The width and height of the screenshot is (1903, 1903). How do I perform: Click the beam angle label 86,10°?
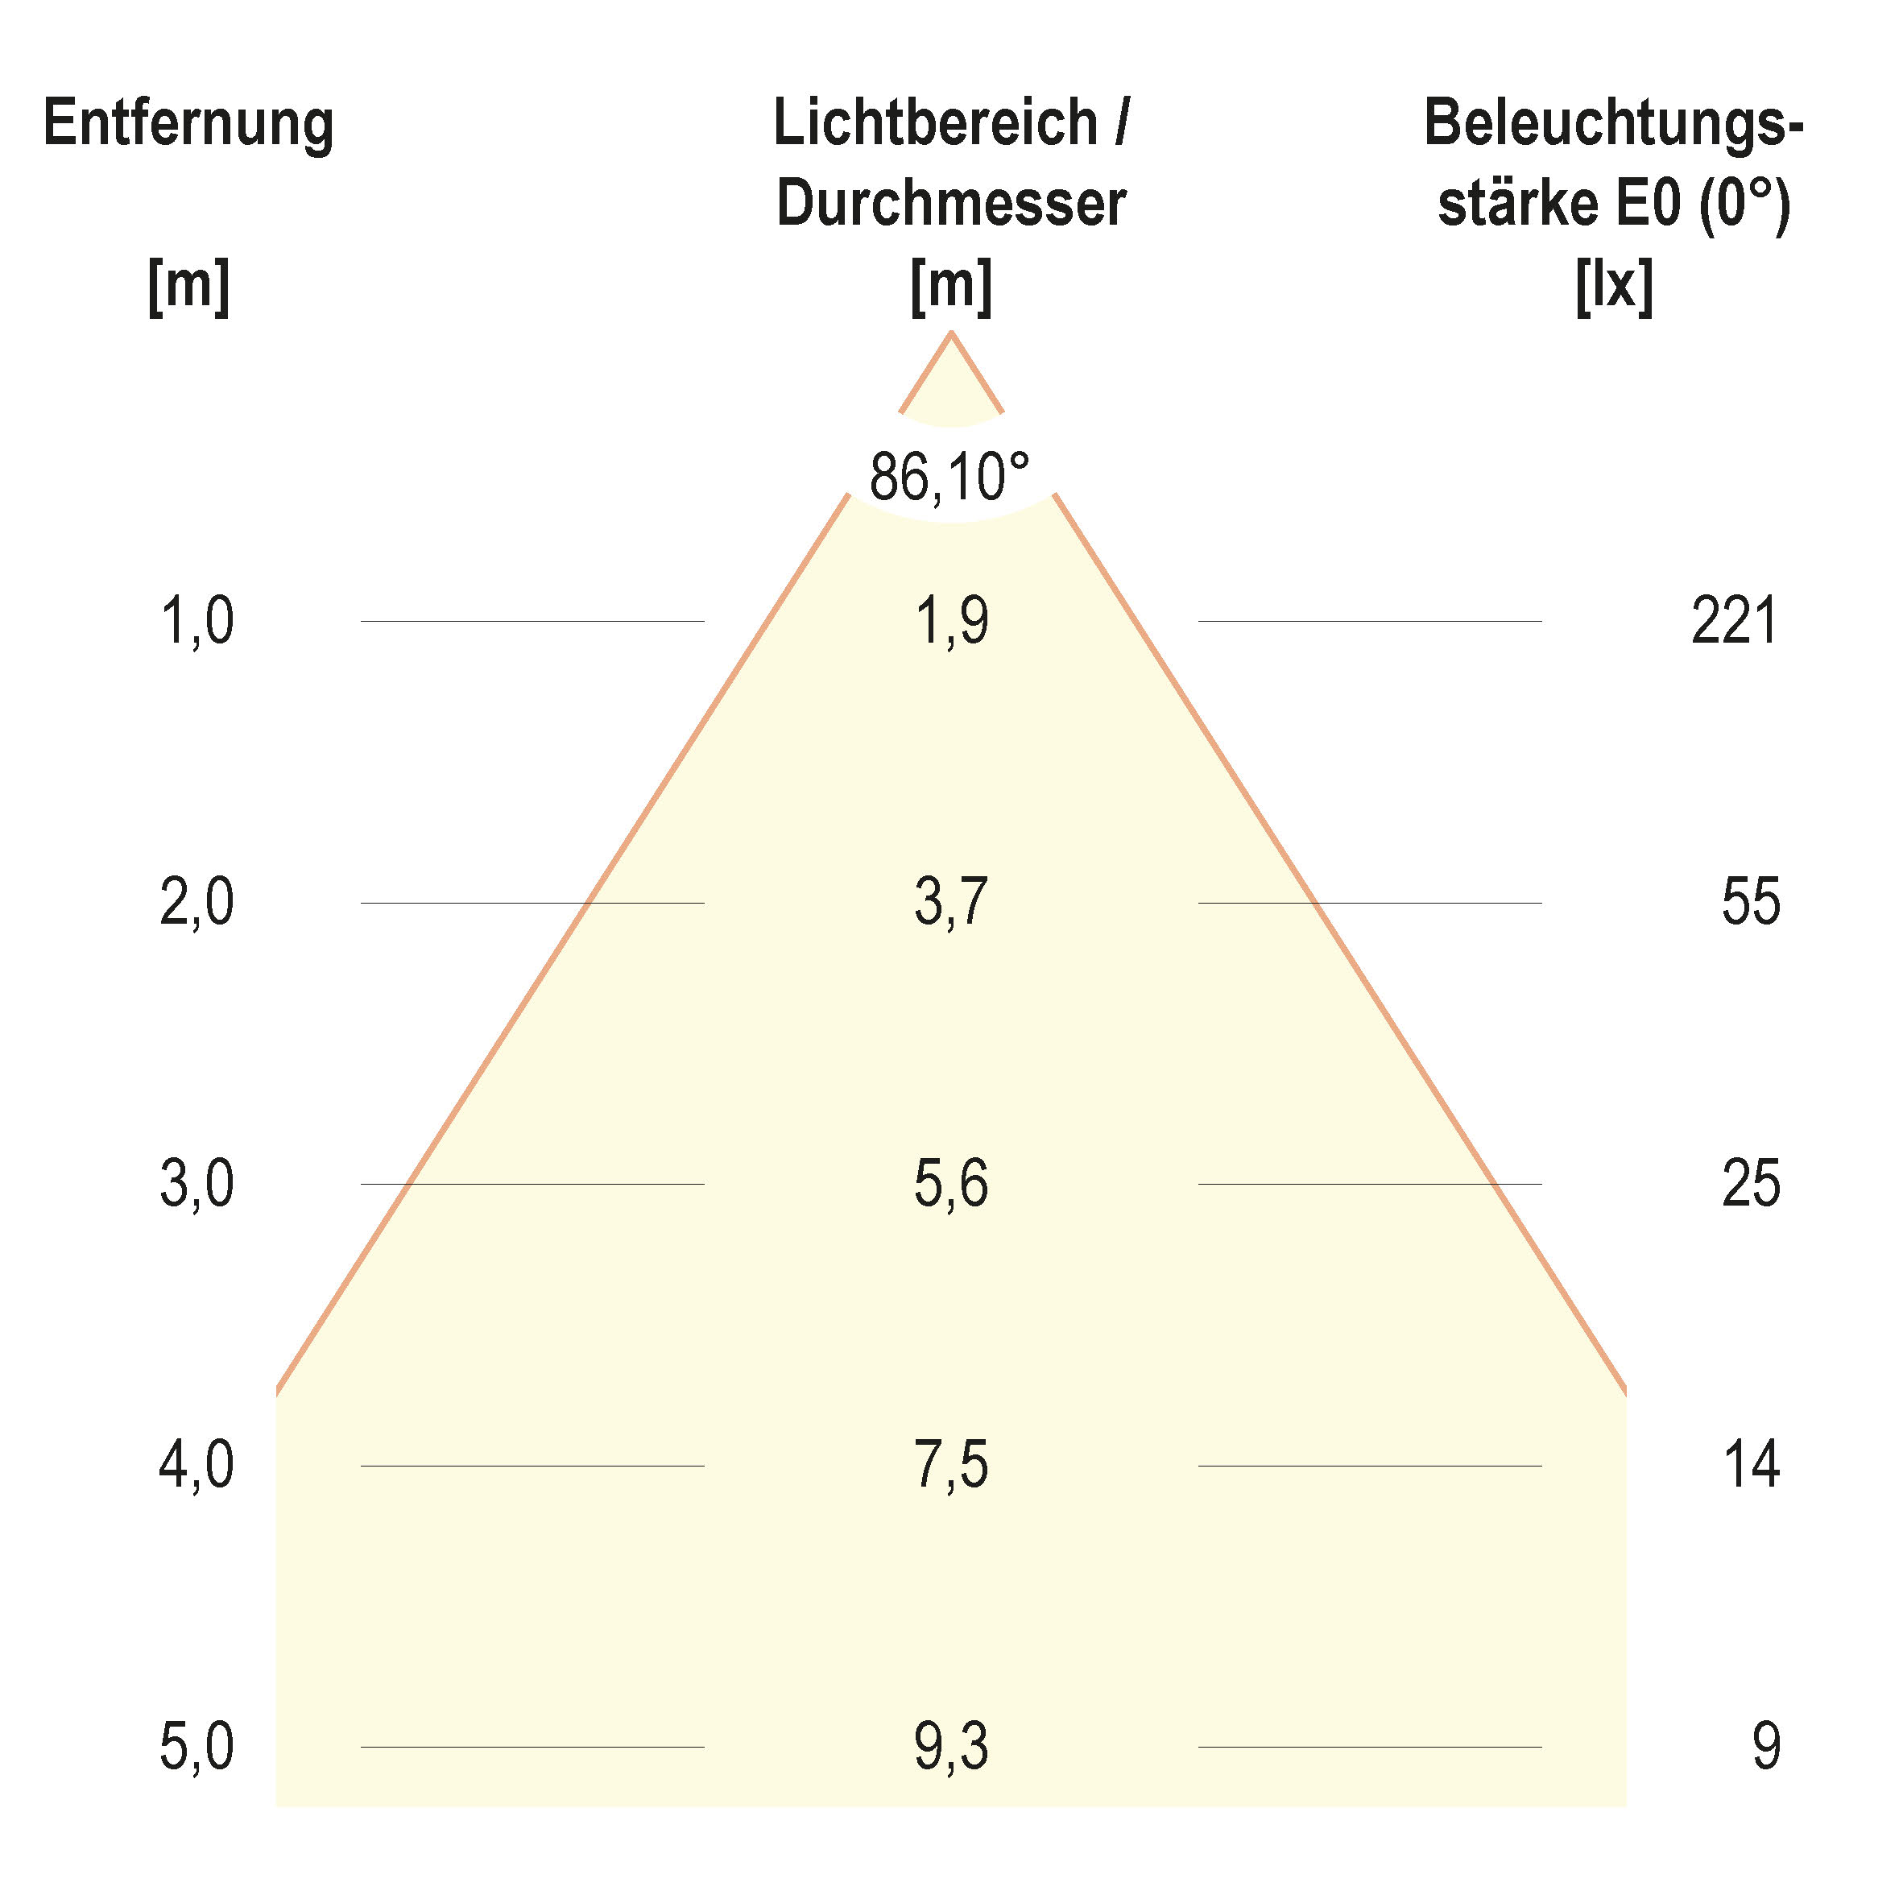[949, 477]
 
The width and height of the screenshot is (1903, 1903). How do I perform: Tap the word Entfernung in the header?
[188, 125]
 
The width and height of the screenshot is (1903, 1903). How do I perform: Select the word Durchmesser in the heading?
[950, 204]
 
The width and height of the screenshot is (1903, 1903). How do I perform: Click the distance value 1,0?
[197, 622]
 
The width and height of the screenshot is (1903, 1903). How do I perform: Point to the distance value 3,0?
[197, 1184]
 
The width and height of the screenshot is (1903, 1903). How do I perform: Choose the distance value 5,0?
[197, 1747]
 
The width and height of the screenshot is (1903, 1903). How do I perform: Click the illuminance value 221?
[1735, 622]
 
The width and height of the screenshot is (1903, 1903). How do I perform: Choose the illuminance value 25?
[1750, 1184]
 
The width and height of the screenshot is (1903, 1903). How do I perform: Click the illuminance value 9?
[1766, 1747]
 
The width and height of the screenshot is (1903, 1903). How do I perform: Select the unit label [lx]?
[1613, 287]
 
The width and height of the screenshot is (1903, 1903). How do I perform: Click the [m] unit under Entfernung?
[188, 287]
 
